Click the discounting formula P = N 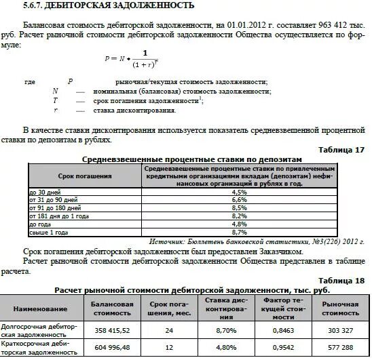click(136, 59)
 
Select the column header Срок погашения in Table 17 click(85, 176)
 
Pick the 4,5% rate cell click(239, 193)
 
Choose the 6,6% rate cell click(239, 200)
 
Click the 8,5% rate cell click(239, 208)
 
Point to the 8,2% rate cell click(239, 216)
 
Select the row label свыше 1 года click(48, 231)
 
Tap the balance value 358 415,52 click(112, 330)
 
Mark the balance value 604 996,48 click(112, 348)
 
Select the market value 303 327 click(344, 330)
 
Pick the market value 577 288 click(344, 348)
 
